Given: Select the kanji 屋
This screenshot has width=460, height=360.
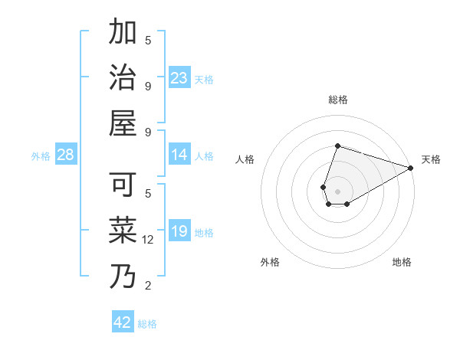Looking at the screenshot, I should click(x=123, y=123).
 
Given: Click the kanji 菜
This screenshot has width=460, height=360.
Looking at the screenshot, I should click(x=123, y=231).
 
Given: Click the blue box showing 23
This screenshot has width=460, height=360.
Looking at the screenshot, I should click(x=179, y=78).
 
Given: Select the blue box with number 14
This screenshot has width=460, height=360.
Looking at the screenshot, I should click(x=179, y=155).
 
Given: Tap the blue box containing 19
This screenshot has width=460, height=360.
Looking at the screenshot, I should click(x=179, y=232).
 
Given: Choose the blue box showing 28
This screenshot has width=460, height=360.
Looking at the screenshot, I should click(x=66, y=155).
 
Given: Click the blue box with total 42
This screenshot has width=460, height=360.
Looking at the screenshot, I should click(x=123, y=322).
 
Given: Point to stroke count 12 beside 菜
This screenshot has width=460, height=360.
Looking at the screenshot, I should click(x=149, y=240).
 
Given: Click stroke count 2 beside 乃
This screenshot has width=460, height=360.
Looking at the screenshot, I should click(x=148, y=286).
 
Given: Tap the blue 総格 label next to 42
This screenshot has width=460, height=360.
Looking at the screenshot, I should click(x=147, y=324).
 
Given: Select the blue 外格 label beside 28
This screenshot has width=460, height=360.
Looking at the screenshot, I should click(x=41, y=156).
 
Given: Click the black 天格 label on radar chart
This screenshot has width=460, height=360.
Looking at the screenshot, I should click(x=431, y=159).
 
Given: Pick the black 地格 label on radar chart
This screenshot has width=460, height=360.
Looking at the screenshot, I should click(x=402, y=262).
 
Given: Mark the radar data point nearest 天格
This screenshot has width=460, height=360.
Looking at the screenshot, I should click(x=411, y=169).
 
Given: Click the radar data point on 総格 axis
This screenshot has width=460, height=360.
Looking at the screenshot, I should click(x=337, y=146).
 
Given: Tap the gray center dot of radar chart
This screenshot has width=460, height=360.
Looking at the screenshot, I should click(x=337, y=191).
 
